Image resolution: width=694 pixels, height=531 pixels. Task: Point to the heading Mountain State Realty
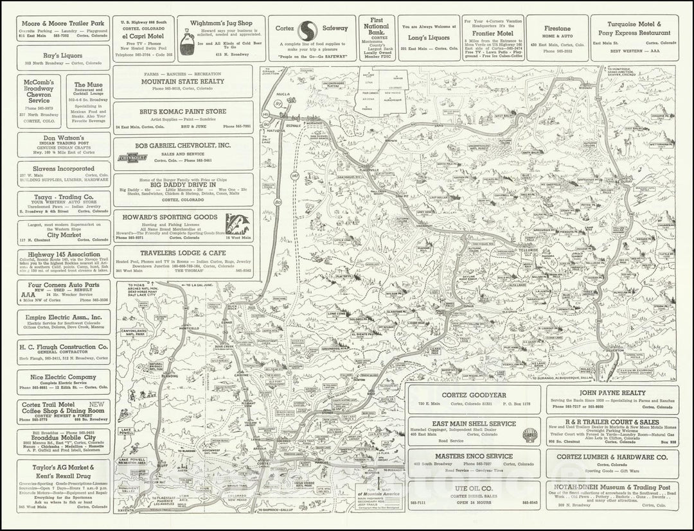coord(182,82)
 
